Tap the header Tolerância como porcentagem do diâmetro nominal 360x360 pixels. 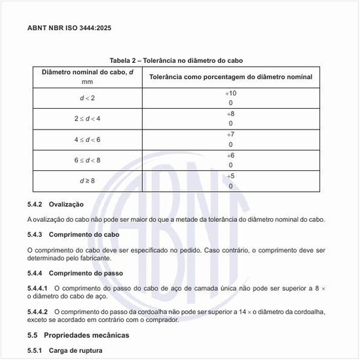(x=230, y=77)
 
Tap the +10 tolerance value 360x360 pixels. (x=230, y=94)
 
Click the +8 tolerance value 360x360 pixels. (x=230, y=114)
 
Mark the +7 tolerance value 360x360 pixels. (x=230, y=134)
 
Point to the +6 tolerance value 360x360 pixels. (x=230, y=155)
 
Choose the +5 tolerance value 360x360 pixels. (x=230, y=175)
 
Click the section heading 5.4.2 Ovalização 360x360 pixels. (x=55, y=204)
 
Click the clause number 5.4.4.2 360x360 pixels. (x=38, y=312)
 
